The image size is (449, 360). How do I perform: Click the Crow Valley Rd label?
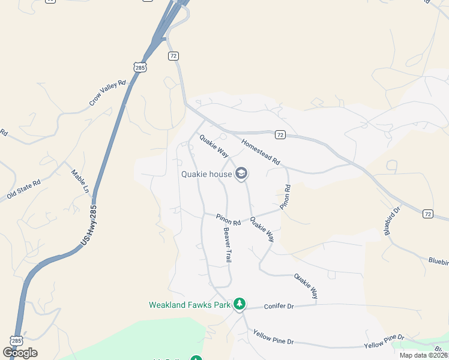pyautogui.click(x=109, y=93)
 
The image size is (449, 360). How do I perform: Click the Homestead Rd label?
pyautogui.click(x=261, y=152)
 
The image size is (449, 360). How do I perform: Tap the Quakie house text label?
pyautogui.click(x=206, y=175)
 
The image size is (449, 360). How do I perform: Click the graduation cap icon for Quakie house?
pyautogui.click(x=241, y=174)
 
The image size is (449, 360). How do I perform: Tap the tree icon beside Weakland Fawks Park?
pyautogui.click(x=240, y=304)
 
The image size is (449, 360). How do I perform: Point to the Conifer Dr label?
pyautogui.click(x=279, y=307)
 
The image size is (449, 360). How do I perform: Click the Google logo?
pyautogui.click(x=20, y=353)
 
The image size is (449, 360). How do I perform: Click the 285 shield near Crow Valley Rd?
pyautogui.click(x=140, y=68)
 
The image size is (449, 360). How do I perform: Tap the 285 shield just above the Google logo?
pyautogui.click(x=17, y=340)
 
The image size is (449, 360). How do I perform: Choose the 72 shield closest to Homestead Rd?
pyautogui.click(x=280, y=134)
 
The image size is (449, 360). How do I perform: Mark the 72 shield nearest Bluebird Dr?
pyautogui.click(x=427, y=214)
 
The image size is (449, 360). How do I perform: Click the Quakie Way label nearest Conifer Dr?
pyautogui.click(x=306, y=286)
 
